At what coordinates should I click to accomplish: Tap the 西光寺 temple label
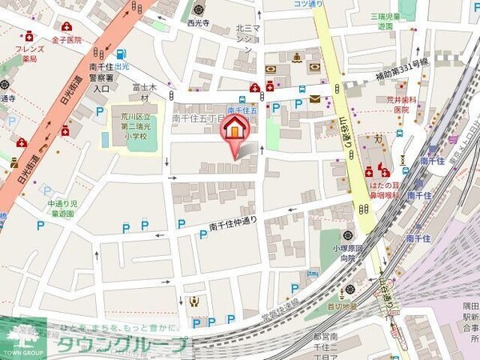(x=198, y=23)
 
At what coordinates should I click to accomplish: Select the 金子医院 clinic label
(x=67, y=39)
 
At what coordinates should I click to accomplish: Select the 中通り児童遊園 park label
(x=61, y=209)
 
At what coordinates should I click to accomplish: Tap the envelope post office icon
(x=315, y=99)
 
